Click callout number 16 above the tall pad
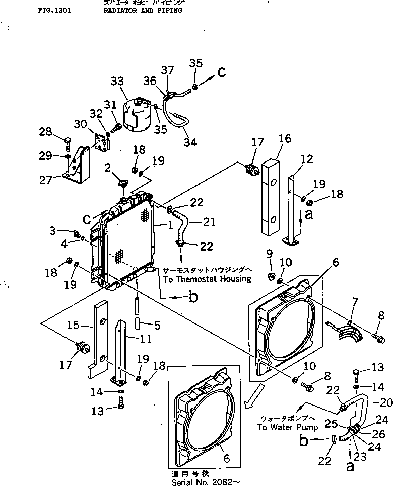(285, 139)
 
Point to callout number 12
(306, 159)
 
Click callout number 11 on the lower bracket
(146, 339)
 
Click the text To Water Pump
(287, 428)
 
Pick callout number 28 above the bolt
(45, 132)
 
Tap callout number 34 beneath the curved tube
(190, 142)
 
